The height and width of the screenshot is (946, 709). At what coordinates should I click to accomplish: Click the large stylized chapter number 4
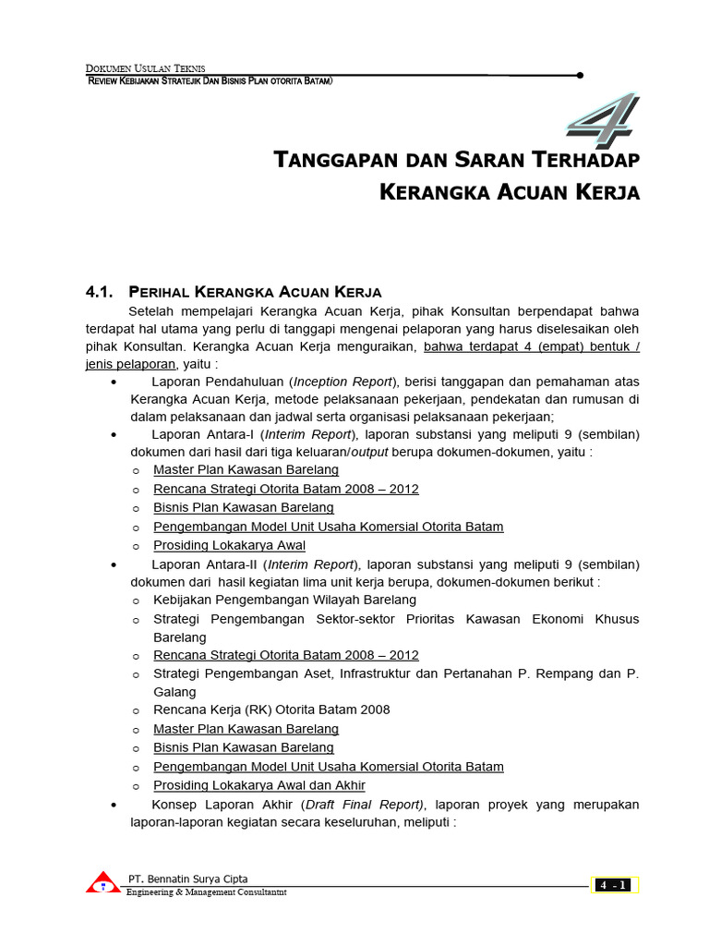603,121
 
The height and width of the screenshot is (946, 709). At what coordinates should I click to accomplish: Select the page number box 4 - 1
614,885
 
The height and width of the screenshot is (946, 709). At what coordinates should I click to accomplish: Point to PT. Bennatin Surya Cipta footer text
187,879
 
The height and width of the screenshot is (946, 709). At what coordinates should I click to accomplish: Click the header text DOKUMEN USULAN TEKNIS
145,68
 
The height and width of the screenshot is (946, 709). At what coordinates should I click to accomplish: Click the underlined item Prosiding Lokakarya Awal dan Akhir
258,785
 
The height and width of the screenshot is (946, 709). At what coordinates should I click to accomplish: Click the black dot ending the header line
580,76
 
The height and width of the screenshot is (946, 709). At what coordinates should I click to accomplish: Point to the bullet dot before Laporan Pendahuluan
113,382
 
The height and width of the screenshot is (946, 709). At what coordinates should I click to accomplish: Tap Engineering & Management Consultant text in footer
206,892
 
